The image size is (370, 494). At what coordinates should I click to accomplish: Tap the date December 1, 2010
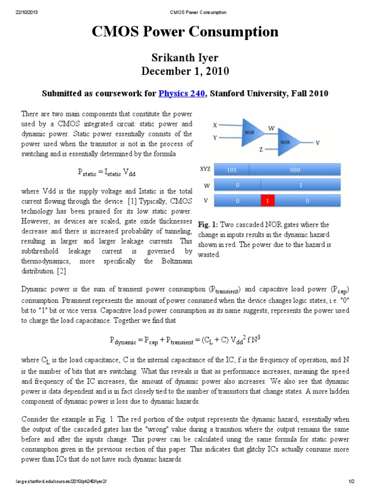click(185, 71)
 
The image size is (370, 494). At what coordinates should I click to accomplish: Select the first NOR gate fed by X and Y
click(250, 131)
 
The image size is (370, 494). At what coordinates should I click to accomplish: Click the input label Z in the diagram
click(261, 150)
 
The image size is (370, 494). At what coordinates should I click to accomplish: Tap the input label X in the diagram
click(215, 125)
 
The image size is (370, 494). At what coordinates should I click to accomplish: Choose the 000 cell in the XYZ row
click(295, 169)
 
